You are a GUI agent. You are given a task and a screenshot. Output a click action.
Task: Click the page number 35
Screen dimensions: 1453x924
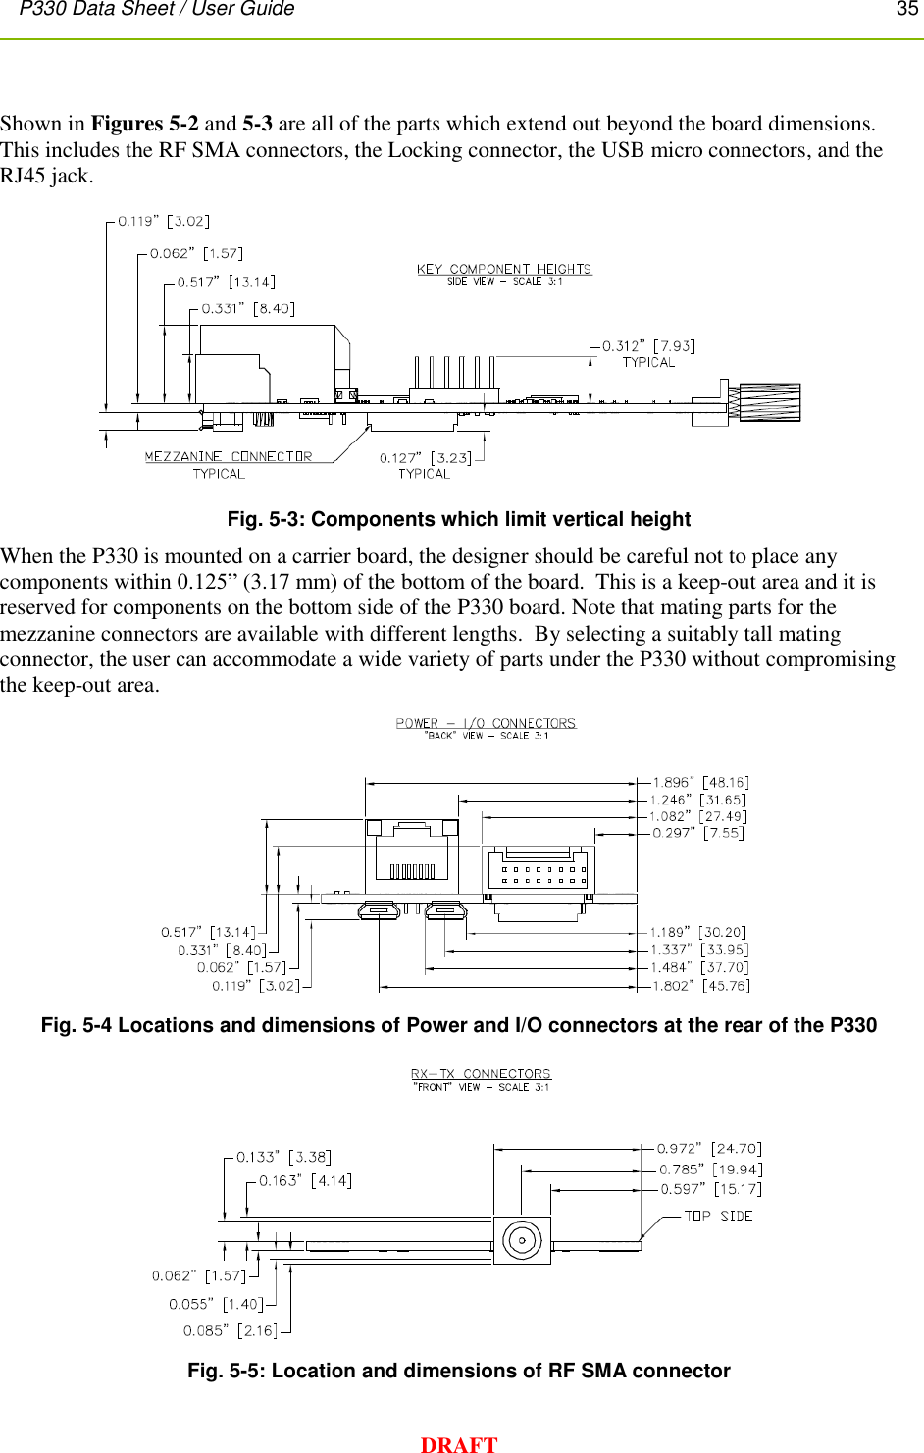coord(906,9)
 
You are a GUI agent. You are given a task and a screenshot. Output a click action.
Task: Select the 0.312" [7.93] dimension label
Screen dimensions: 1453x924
coord(648,346)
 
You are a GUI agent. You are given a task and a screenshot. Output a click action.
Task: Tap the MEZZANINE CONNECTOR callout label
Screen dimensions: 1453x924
coord(228,457)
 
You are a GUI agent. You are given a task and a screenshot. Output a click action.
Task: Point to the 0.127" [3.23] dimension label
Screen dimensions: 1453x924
coord(425,458)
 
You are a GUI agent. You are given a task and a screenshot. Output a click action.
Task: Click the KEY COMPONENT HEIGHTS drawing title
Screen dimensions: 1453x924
coord(504,269)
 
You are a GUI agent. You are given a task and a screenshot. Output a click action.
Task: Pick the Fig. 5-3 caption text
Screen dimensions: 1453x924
coord(458,519)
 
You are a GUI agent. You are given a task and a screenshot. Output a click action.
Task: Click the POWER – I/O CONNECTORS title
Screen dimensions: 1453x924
coord(486,723)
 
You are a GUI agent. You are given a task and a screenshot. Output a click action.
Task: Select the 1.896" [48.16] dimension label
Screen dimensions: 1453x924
coord(700,782)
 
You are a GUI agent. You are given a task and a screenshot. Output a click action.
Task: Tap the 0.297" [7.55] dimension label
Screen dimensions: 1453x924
coord(698,833)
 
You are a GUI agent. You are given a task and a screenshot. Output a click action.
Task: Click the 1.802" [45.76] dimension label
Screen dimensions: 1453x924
coord(700,985)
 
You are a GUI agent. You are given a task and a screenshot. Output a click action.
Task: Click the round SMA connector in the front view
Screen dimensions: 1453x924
coord(522,1240)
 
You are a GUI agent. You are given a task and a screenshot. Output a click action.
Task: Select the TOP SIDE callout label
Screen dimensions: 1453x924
coord(718,1216)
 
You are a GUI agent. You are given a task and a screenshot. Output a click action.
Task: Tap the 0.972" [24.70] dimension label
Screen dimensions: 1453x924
coord(709,1148)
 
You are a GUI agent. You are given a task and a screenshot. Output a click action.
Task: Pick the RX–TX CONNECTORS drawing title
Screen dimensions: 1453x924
coord(481,1074)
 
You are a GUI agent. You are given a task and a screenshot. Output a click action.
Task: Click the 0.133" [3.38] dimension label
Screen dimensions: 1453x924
coord(283,1157)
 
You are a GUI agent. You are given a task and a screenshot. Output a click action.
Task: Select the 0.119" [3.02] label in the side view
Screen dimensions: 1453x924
coord(164,221)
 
